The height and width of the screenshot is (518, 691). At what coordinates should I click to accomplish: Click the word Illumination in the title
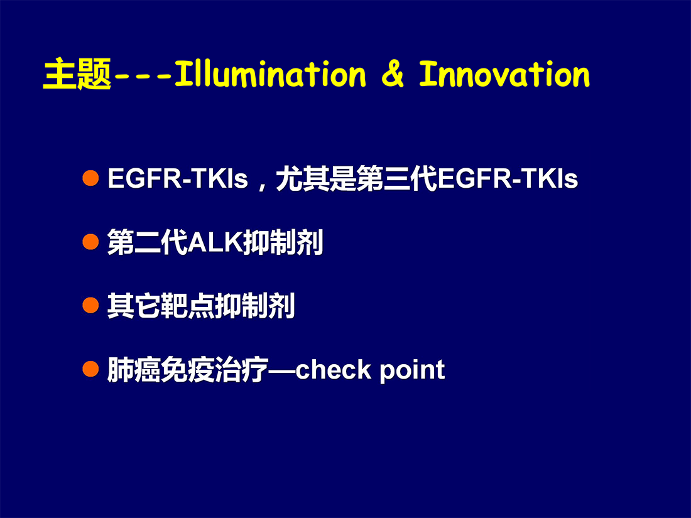click(x=270, y=74)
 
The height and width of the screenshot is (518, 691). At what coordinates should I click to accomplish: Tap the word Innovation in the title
click(x=504, y=74)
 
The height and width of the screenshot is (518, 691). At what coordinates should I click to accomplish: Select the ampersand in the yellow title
click(x=392, y=74)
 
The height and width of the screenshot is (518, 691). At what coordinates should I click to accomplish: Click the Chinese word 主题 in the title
click(x=77, y=74)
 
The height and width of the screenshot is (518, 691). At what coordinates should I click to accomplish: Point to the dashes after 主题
click(x=143, y=77)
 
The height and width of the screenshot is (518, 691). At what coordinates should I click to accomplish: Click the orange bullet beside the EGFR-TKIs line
click(x=91, y=178)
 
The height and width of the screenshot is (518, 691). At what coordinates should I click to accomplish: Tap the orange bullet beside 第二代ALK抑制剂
click(x=91, y=242)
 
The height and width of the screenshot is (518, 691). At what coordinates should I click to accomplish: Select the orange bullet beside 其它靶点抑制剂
click(x=91, y=305)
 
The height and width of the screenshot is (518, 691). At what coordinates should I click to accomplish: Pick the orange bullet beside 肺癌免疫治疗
click(x=91, y=369)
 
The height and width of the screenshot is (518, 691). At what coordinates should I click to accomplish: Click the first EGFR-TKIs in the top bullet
click(x=178, y=178)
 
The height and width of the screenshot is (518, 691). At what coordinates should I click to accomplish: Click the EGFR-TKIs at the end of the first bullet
click(x=508, y=178)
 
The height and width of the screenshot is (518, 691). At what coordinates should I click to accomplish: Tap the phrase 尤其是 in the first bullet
click(x=316, y=178)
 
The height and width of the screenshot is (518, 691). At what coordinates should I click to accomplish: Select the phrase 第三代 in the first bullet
click(x=397, y=178)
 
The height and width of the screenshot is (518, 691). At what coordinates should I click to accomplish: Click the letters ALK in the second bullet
click(x=215, y=242)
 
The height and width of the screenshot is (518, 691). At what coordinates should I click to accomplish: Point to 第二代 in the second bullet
click(x=148, y=242)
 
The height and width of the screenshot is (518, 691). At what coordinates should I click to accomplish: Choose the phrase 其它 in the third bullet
click(x=134, y=306)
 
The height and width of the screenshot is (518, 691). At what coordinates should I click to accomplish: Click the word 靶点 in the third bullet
click(x=188, y=306)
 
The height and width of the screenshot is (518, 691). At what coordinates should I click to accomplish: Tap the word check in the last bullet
click(x=334, y=370)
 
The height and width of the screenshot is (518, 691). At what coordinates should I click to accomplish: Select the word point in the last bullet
click(x=412, y=370)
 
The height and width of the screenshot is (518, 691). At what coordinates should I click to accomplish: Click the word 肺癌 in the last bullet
click(x=134, y=370)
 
